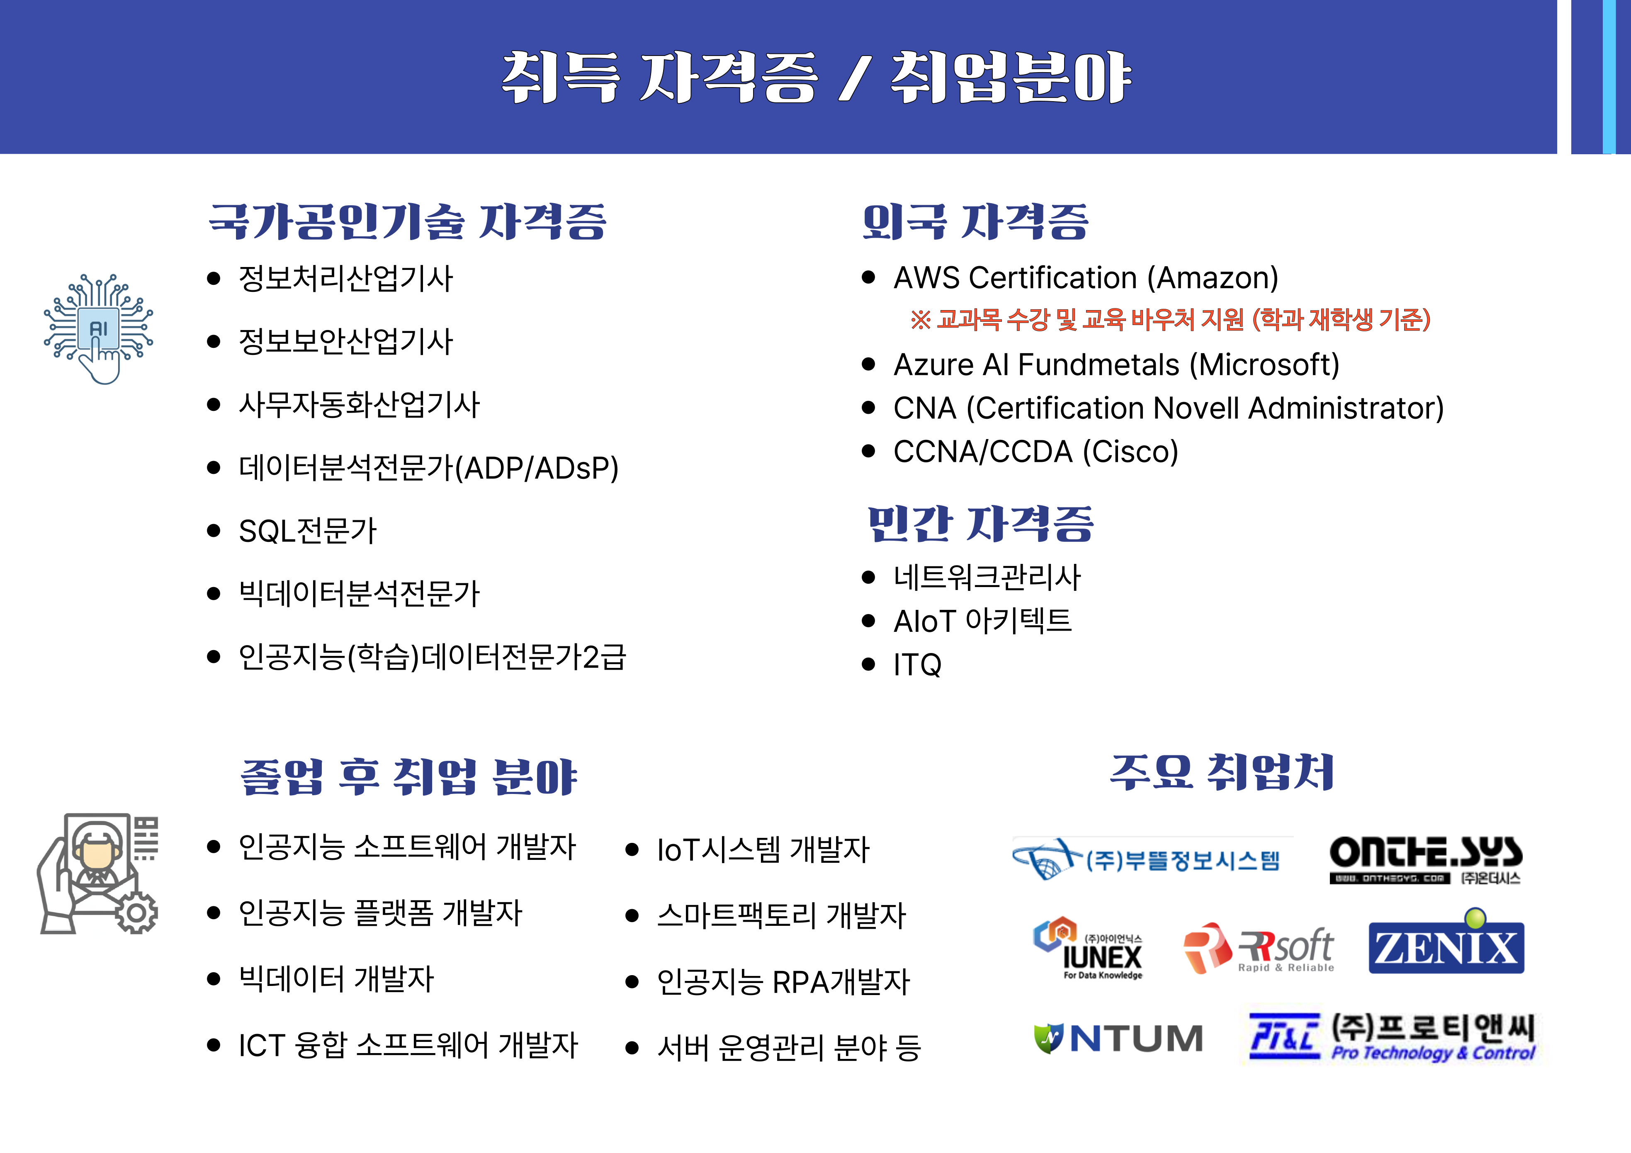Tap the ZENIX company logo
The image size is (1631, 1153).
[1446, 942]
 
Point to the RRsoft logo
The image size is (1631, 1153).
[1258, 949]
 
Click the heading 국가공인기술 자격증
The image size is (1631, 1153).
[408, 222]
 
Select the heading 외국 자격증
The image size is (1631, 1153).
[975, 222]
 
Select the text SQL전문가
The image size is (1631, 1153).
[308, 531]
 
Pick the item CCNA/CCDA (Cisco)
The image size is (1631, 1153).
[1036, 452]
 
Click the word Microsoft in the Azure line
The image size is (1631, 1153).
[1264, 365]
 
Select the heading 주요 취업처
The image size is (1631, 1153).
[1222, 772]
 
